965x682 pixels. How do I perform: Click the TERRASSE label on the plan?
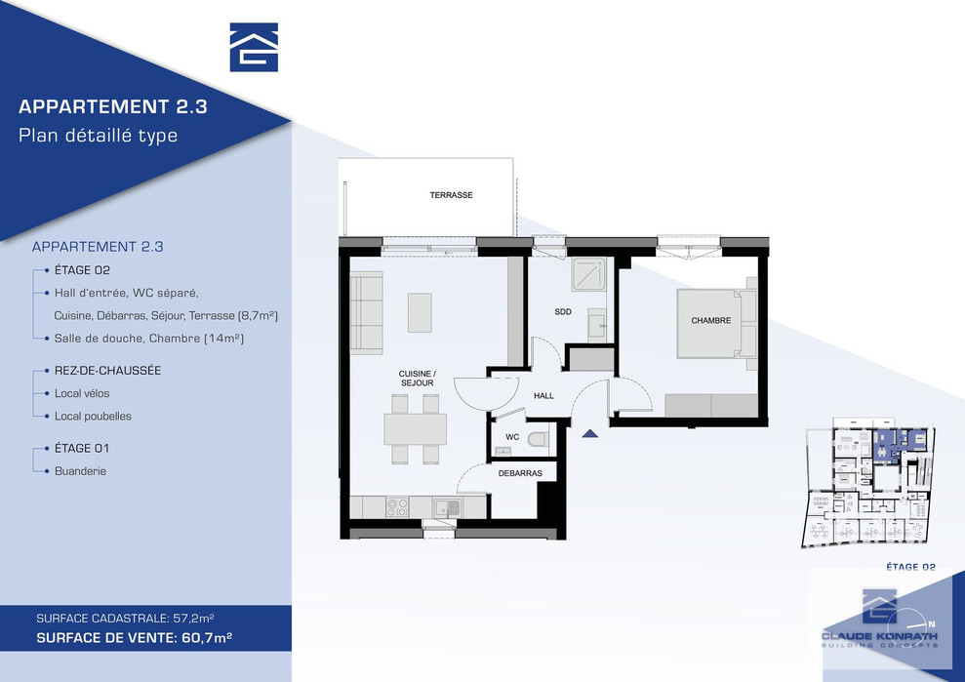click(x=451, y=195)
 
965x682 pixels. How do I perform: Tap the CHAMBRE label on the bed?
click(x=711, y=321)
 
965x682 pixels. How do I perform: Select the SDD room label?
click(x=562, y=312)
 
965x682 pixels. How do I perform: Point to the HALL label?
click(x=543, y=396)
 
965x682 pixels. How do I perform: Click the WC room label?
click(x=512, y=437)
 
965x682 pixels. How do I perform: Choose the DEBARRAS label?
click(x=520, y=473)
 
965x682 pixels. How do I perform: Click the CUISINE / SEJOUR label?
click(x=417, y=378)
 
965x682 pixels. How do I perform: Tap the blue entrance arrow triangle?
click(x=589, y=433)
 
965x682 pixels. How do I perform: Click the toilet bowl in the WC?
click(x=540, y=439)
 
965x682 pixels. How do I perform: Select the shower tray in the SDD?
click(x=588, y=274)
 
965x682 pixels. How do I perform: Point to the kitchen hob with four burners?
click(x=397, y=507)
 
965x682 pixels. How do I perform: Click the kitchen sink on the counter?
click(x=448, y=507)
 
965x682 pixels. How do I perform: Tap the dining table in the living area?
click(x=416, y=429)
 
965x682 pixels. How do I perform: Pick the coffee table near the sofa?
click(x=420, y=312)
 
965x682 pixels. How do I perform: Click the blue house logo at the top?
click(x=254, y=48)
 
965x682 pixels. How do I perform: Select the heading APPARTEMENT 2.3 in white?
click(x=112, y=106)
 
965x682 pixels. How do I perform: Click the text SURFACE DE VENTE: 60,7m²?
click(x=135, y=638)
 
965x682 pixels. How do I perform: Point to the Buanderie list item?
click(x=80, y=471)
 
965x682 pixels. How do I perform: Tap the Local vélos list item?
click(x=82, y=393)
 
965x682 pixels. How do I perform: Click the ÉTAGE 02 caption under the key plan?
click(x=910, y=567)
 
